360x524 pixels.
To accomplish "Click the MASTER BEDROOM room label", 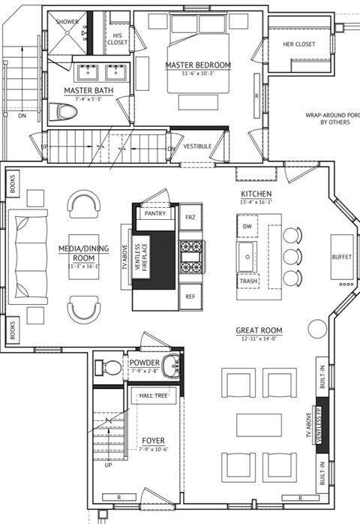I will point(198,65).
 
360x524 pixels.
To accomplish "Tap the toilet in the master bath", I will point(64,113).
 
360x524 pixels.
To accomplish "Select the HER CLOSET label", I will point(298,44).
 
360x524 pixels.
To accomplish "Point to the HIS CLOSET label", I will point(117,39).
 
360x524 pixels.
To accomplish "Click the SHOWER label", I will point(67,22).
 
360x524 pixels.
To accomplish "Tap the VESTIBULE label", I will point(198,146).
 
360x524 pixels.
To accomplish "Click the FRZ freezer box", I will point(190,216).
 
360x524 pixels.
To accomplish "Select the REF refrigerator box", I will point(190,297).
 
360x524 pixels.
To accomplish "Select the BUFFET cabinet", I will point(341,257).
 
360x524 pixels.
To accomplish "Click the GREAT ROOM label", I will point(259,330).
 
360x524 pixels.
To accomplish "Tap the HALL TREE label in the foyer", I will point(154,395).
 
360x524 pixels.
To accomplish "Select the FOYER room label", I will point(153,441).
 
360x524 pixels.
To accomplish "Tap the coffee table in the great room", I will point(259,424).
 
